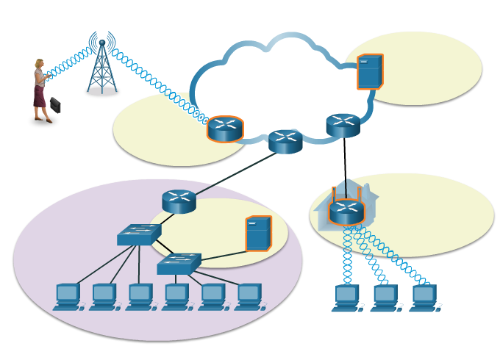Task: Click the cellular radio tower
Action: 102,66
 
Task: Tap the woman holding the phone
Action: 40,90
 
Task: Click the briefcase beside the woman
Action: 55,105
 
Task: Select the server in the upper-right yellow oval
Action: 369,71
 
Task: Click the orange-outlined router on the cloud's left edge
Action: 225,129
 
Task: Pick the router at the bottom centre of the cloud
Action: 285,141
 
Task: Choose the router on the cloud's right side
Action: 343,125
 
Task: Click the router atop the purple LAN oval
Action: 179,201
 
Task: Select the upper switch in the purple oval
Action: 138,234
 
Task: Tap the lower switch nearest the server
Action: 179,263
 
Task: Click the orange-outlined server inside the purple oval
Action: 258,233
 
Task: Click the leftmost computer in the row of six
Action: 68,297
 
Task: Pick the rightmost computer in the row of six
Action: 249,297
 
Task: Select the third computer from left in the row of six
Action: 140,297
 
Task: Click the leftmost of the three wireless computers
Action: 346,298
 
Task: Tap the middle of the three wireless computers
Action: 385,298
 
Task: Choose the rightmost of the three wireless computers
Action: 424,298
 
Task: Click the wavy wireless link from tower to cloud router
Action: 158,84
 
